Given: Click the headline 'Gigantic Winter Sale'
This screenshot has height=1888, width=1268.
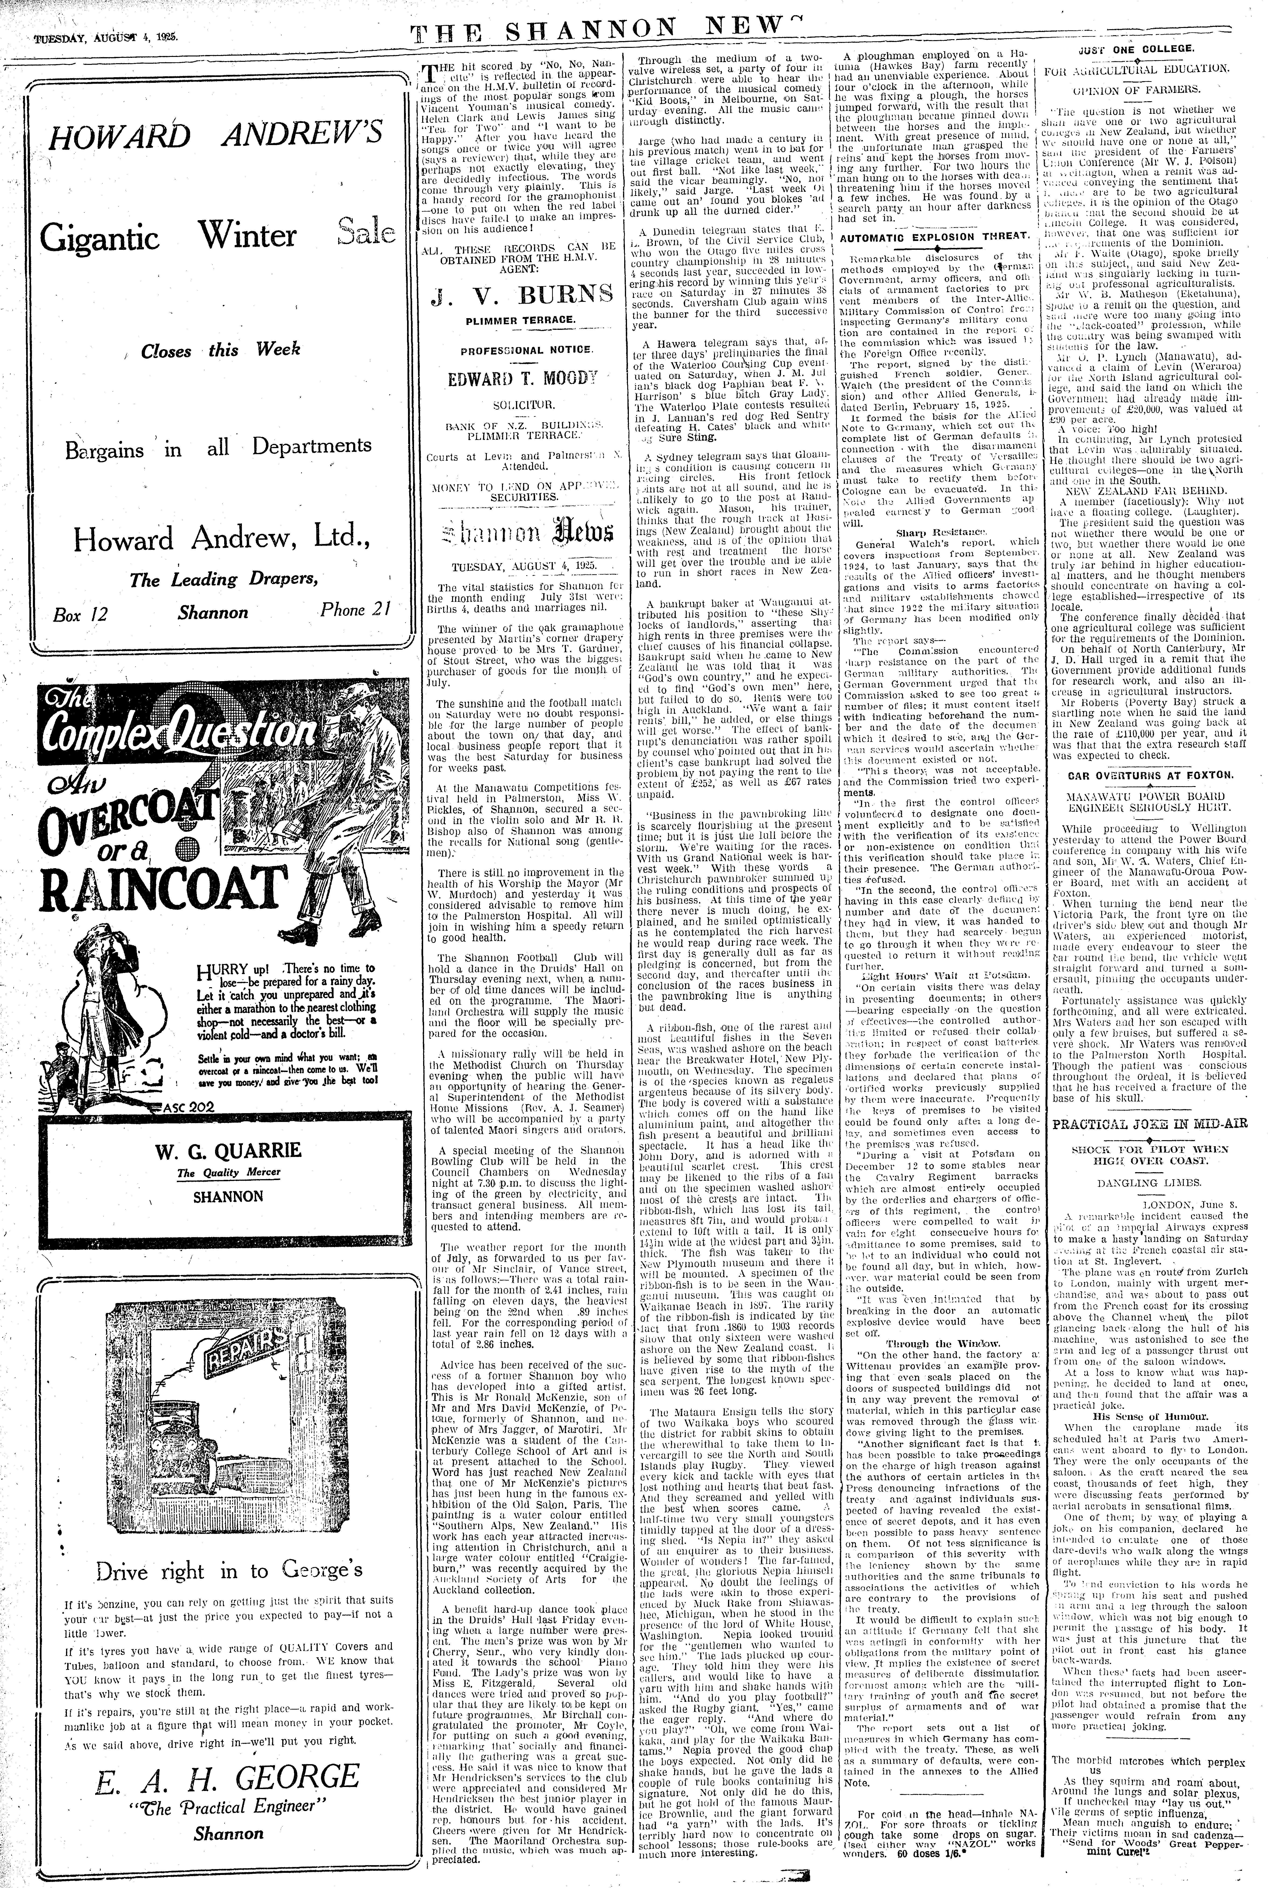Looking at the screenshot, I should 218,236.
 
